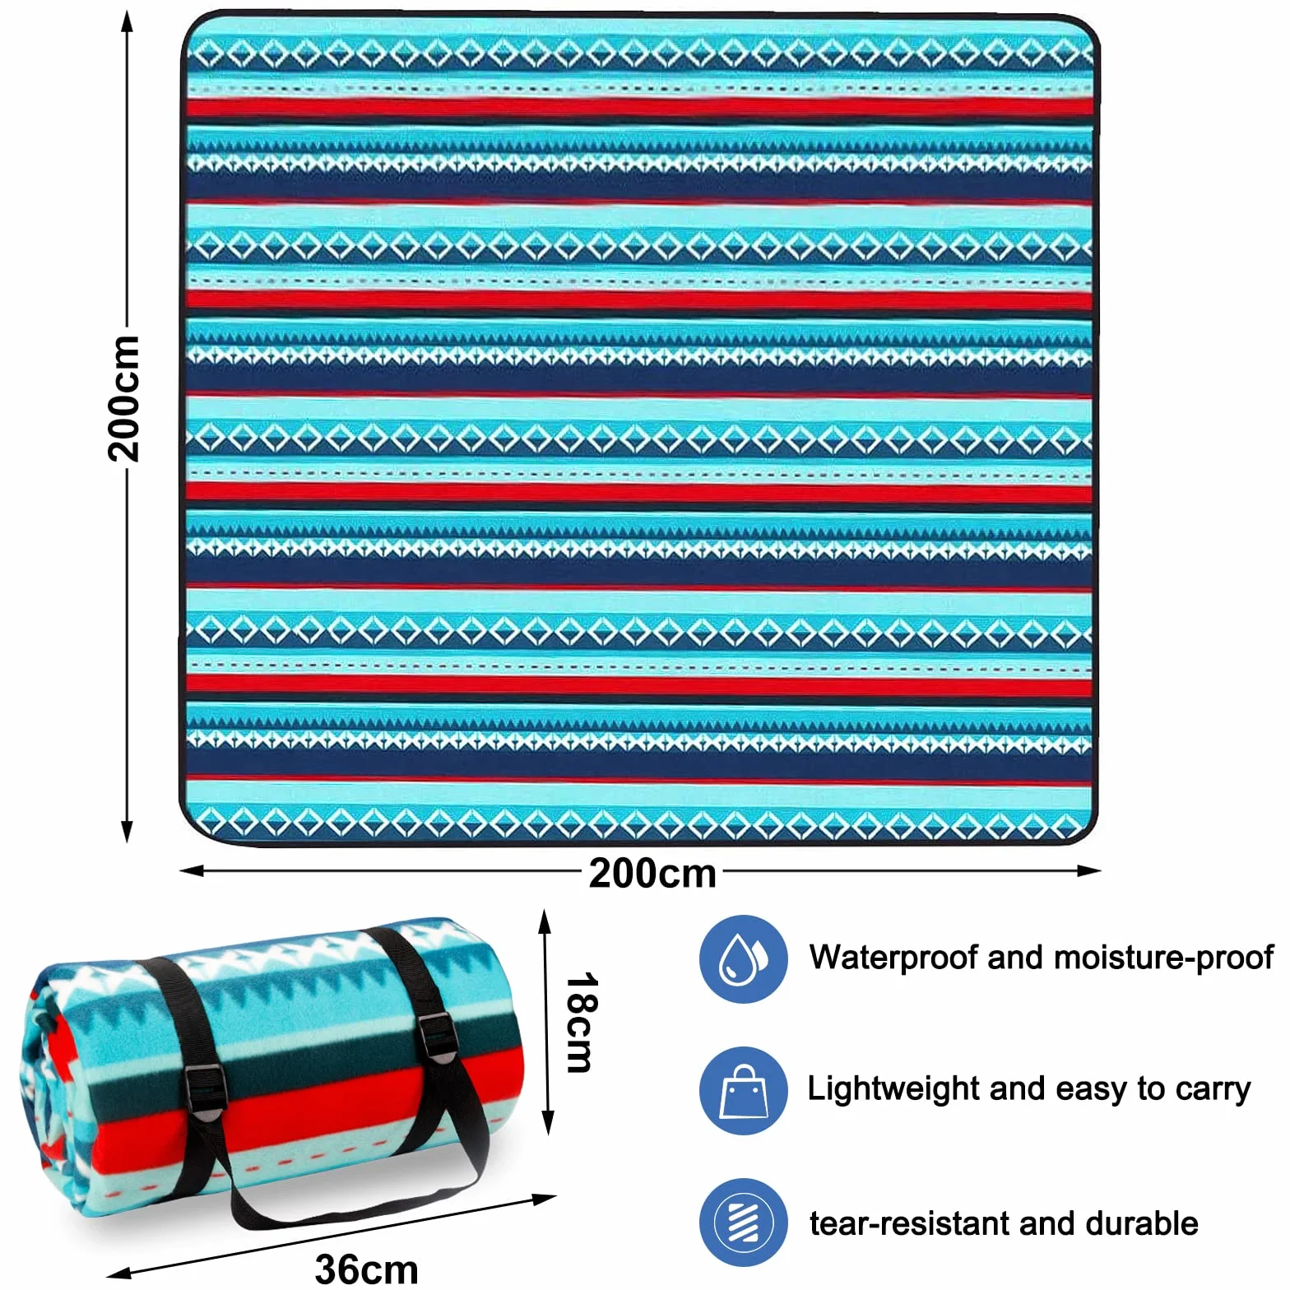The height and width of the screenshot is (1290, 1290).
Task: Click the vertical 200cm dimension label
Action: pyautogui.click(x=124, y=399)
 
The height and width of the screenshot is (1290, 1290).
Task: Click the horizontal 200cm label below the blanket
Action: pyautogui.click(x=652, y=873)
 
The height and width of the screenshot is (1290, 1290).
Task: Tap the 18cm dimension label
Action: pyautogui.click(x=582, y=1023)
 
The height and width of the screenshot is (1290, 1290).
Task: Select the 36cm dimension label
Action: pyautogui.click(x=367, y=1268)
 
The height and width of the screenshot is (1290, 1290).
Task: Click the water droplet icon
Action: pyautogui.click(x=744, y=958)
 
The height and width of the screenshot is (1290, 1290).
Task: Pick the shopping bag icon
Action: pyautogui.click(x=744, y=1091)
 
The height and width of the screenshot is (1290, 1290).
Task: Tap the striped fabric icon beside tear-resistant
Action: pyautogui.click(x=744, y=1223)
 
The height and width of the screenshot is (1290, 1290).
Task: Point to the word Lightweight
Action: pyautogui.click(x=894, y=1089)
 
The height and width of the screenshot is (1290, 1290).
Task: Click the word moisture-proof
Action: pyautogui.click(x=1163, y=958)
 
